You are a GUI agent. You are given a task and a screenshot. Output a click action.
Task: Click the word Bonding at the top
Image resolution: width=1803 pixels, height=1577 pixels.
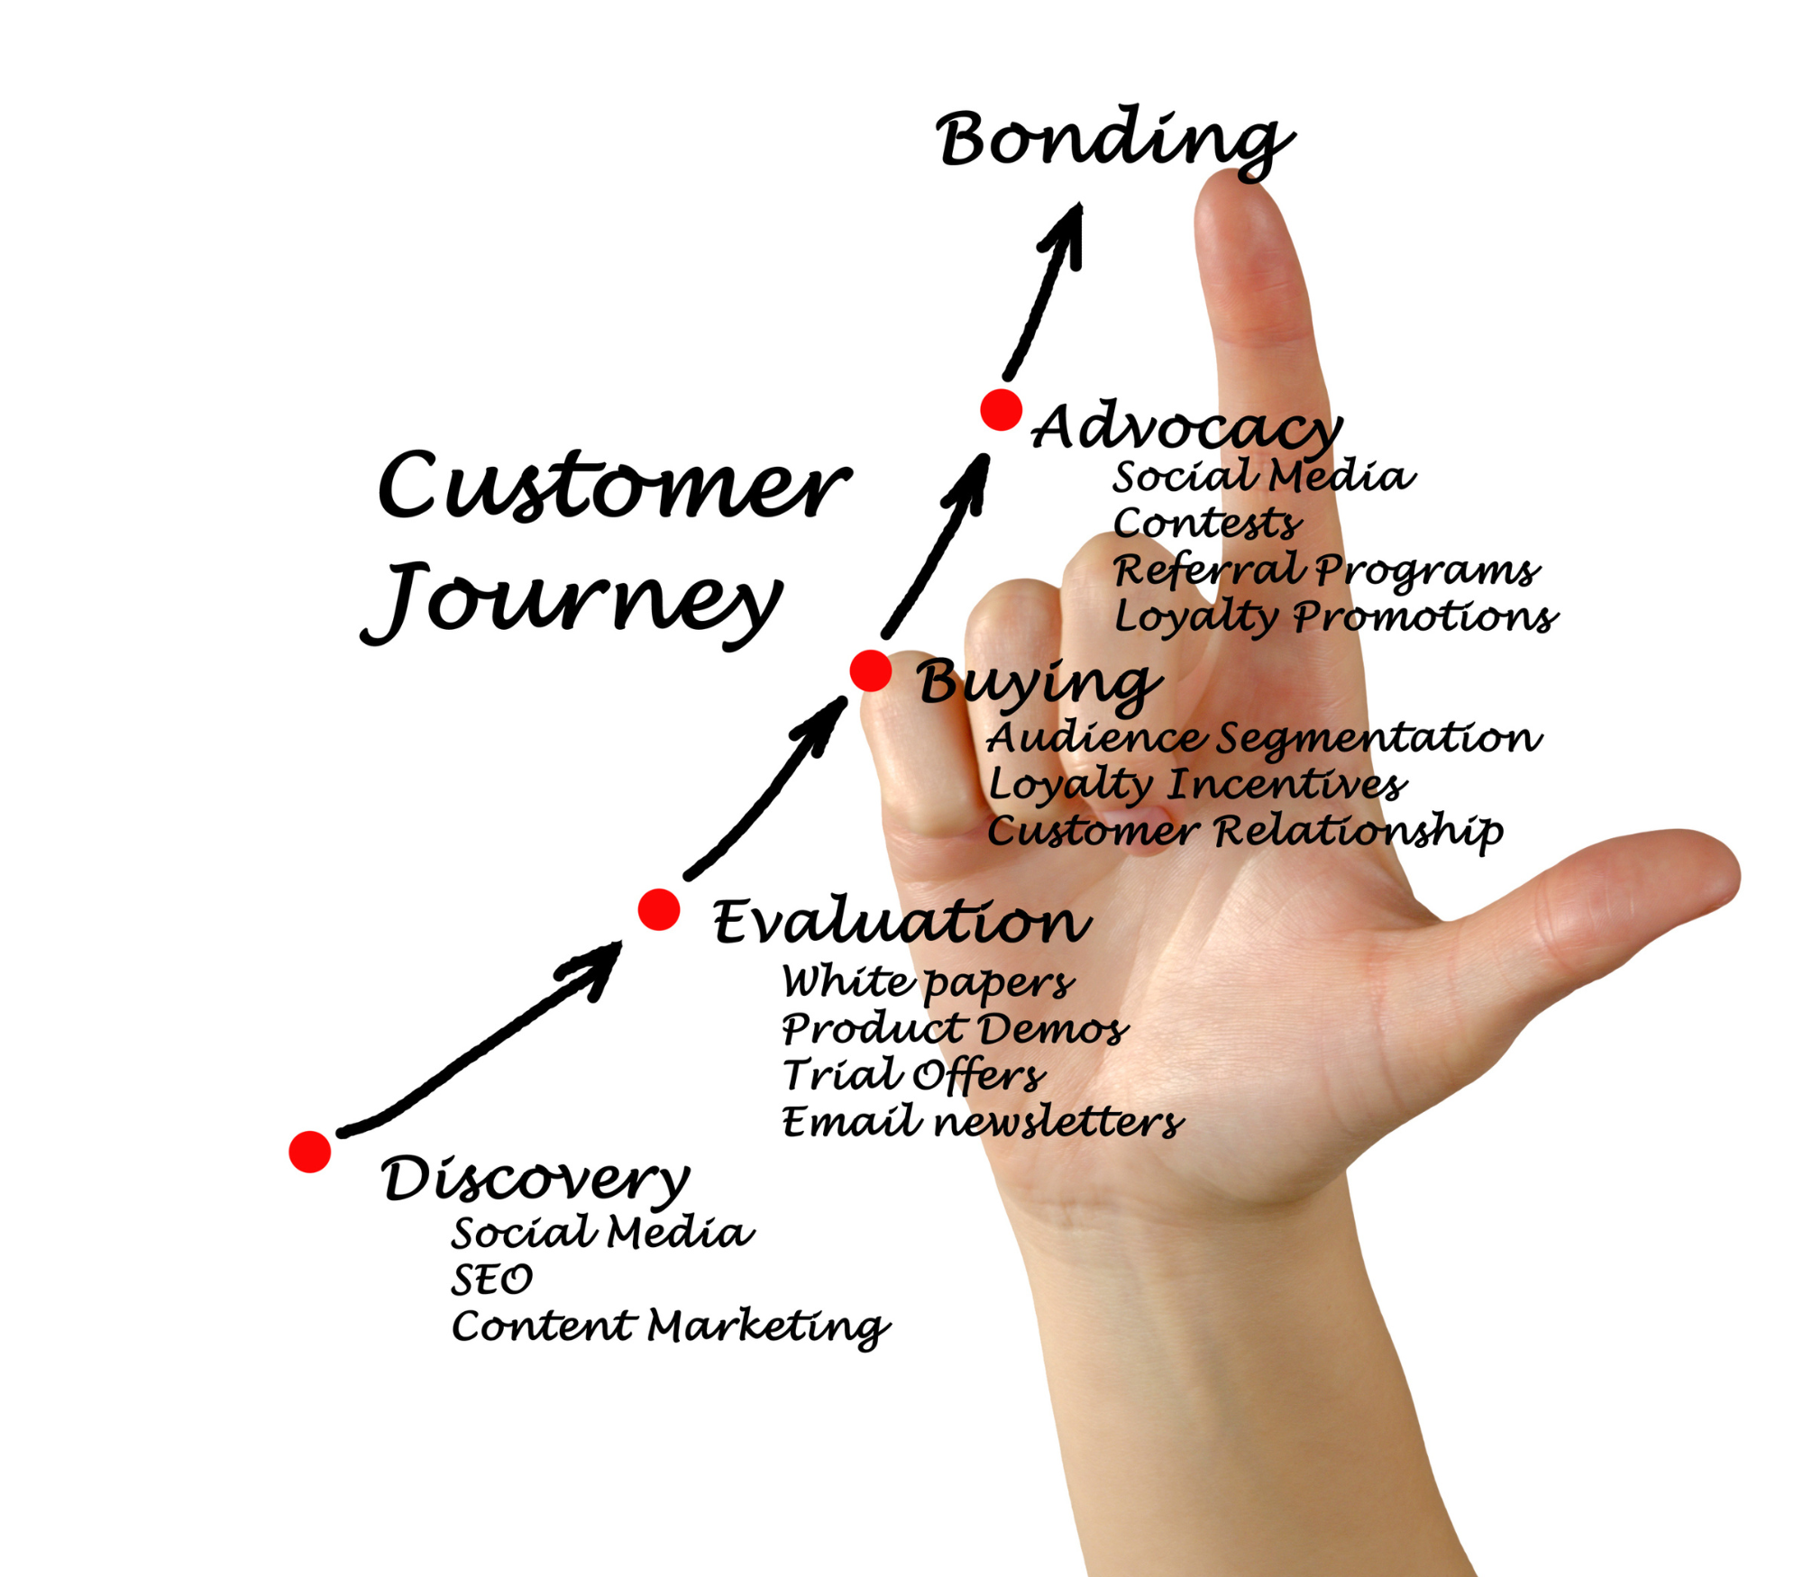pos(1114,142)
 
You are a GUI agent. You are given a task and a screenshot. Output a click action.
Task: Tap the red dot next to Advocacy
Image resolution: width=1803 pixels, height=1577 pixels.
pos(1001,410)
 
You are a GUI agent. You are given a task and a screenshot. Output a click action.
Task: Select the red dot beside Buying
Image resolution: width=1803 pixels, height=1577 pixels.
pos(870,671)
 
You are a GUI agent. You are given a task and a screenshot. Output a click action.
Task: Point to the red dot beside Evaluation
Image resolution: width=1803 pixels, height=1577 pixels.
pos(659,909)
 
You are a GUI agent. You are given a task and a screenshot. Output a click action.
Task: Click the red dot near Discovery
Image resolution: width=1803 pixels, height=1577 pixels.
pos(310,1152)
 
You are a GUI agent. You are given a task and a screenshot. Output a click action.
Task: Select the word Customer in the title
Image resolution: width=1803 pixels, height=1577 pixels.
pos(614,487)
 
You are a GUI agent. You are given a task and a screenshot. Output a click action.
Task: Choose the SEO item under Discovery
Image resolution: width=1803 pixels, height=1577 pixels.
pos(492,1279)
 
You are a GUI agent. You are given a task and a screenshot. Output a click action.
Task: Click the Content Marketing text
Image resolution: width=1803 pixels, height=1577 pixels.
pos(671,1327)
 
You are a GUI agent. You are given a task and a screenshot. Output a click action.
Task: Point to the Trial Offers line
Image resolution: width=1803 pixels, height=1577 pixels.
pos(913,1074)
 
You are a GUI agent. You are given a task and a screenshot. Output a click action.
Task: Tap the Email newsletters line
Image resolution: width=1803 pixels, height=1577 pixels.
pos(983,1122)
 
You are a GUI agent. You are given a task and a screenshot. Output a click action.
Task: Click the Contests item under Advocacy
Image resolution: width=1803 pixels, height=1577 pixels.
pos(1207,523)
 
